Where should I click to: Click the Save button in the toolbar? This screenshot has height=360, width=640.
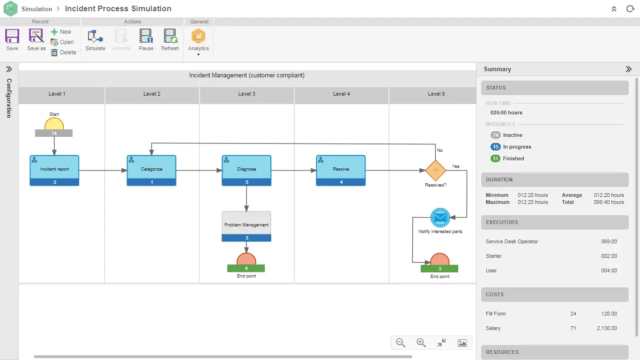(x=12, y=39)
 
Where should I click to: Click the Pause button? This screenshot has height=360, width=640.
(x=146, y=39)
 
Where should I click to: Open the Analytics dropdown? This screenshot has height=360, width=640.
(x=198, y=42)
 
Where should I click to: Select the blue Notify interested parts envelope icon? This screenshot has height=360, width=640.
(x=440, y=217)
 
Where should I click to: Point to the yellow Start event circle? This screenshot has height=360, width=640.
(x=54, y=124)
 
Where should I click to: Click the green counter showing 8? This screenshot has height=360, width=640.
(x=246, y=269)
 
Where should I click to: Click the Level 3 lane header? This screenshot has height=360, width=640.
(x=247, y=94)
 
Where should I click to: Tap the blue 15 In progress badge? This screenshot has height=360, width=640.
(x=496, y=147)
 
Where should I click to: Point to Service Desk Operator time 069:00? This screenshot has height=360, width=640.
(x=609, y=241)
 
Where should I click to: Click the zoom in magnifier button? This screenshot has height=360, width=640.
(x=421, y=343)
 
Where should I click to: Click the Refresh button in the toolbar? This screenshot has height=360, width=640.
(x=170, y=39)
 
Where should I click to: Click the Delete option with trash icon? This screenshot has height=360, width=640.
(x=63, y=52)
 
